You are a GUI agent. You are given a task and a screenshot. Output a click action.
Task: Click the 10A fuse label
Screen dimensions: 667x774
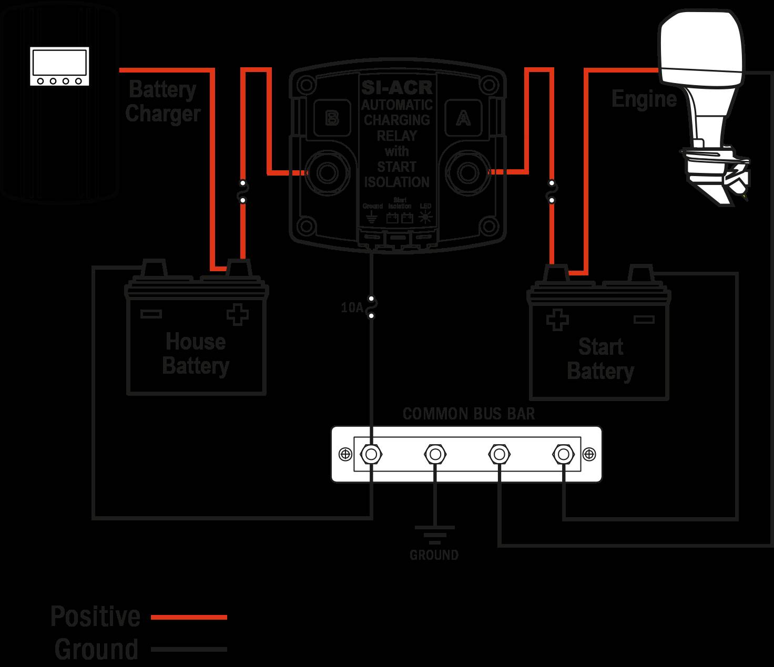[x=352, y=307]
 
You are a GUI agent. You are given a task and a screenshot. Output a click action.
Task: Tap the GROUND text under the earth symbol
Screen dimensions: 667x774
[x=434, y=555]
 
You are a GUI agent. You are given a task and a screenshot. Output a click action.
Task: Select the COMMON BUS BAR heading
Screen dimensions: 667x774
[x=469, y=414]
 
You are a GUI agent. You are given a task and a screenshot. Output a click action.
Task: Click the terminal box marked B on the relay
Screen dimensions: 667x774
[x=331, y=118]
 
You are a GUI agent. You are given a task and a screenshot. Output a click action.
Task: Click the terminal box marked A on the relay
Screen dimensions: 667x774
[x=463, y=119]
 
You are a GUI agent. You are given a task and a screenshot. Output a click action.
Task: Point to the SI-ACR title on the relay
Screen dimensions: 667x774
[x=396, y=87]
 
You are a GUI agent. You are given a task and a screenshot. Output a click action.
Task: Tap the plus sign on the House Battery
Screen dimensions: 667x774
[x=237, y=315]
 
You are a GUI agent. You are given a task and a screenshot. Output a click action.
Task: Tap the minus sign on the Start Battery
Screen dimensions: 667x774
[x=644, y=319]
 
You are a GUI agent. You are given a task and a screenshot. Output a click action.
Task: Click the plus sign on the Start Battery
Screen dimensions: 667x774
[x=557, y=320]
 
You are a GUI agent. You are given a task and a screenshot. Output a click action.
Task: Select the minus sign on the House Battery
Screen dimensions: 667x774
[x=151, y=314]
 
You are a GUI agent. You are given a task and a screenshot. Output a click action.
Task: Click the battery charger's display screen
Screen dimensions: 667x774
[x=59, y=62]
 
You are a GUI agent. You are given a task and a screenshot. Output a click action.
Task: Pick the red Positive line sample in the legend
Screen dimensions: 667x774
[x=189, y=617]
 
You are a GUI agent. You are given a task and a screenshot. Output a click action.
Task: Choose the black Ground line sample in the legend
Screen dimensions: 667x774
[x=189, y=650]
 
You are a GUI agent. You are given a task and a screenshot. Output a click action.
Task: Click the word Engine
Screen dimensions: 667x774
[x=644, y=99]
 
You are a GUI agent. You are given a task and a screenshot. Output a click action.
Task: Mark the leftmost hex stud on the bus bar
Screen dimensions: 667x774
[x=371, y=454]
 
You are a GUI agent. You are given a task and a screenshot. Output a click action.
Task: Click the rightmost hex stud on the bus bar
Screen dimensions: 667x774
[x=563, y=454]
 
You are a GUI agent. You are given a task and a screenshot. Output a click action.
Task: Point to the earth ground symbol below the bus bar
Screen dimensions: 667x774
[x=434, y=534]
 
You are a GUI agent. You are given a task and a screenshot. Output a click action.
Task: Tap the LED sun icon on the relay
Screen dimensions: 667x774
[x=425, y=218]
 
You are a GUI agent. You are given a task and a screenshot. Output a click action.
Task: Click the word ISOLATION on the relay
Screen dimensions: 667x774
[x=396, y=182]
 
